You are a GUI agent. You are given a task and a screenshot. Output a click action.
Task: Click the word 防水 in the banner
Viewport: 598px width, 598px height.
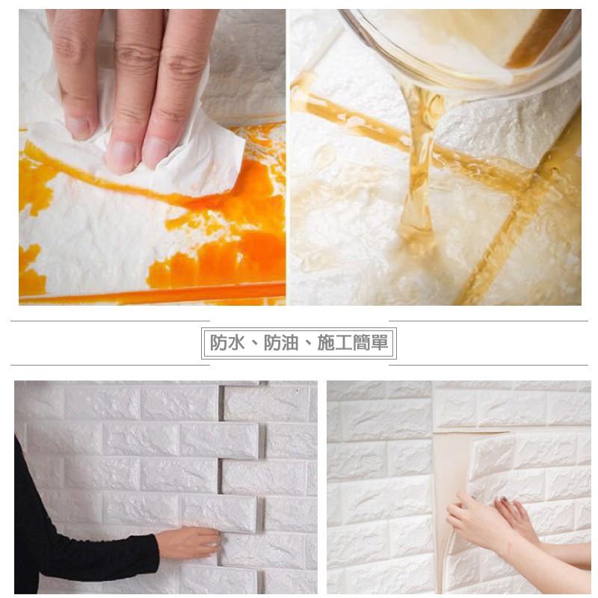pos(227,342)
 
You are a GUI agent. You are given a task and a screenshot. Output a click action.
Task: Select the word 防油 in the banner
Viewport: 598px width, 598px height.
pos(281,342)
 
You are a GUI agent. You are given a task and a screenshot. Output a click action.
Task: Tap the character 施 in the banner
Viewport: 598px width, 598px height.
pos(326,342)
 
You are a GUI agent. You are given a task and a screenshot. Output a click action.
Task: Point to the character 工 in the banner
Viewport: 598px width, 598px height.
pos(344,342)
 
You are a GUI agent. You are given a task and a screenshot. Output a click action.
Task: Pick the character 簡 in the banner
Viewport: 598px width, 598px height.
pos(362,342)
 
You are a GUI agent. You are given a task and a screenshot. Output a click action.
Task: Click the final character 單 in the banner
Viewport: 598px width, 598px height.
pos(380,342)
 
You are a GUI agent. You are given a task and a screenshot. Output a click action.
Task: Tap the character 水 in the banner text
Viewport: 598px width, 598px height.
pos(235,342)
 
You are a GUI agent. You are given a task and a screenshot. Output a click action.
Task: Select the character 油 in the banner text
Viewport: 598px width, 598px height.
pos(289,342)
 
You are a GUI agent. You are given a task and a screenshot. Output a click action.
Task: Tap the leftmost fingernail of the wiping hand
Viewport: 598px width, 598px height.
pos(80,128)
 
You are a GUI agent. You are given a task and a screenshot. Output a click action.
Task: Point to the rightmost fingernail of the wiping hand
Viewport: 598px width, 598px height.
pos(155,152)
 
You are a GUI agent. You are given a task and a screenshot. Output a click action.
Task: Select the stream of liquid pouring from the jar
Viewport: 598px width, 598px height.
pos(419,160)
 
